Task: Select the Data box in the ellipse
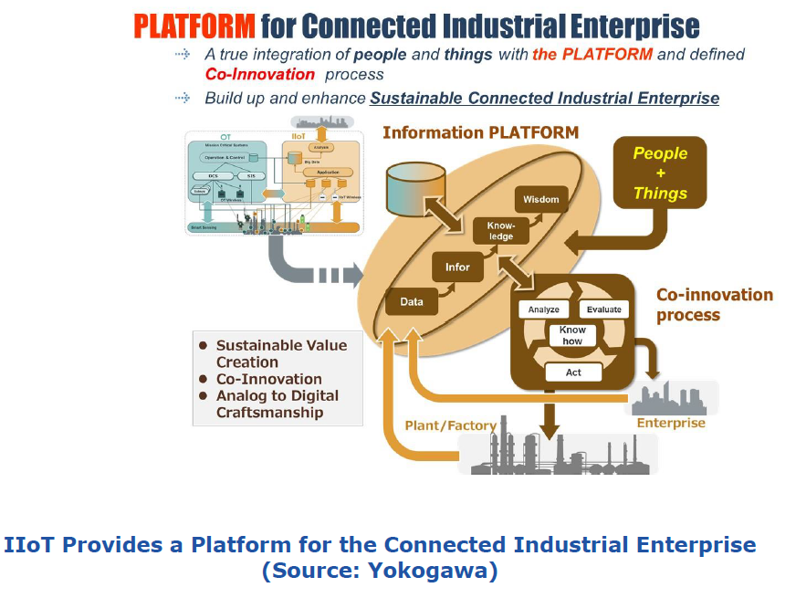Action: [x=412, y=302]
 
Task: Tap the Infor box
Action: [x=457, y=267]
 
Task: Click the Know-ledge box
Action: [x=501, y=230]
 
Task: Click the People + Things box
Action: [x=660, y=173]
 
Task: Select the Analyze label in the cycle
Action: [x=543, y=309]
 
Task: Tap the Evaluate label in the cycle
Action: [x=603, y=309]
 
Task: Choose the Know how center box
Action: [x=572, y=335]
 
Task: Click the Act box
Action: [x=573, y=372]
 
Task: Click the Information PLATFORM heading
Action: [x=480, y=133]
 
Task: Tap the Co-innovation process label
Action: [x=714, y=305]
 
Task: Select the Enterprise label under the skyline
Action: [x=671, y=423]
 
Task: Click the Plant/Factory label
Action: [x=450, y=425]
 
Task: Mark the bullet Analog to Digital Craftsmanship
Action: [x=277, y=404]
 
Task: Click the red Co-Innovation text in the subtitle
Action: [x=260, y=74]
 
